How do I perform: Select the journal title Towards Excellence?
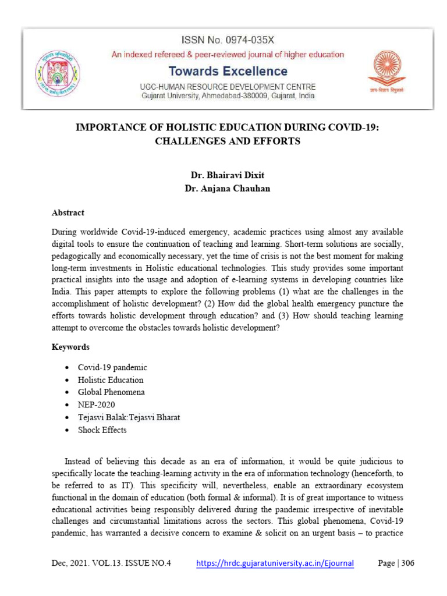tap(228, 71)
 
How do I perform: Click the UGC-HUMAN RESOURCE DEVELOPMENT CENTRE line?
tap(228, 86)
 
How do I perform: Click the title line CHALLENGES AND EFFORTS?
tap(228, 141)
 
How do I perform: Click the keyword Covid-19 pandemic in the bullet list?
tap(112, 367)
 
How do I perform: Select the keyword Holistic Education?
tap(111, 380)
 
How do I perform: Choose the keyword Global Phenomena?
tap(111, 392)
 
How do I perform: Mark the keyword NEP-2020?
tap(97, 405)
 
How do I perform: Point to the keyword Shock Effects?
tap(102, 430)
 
